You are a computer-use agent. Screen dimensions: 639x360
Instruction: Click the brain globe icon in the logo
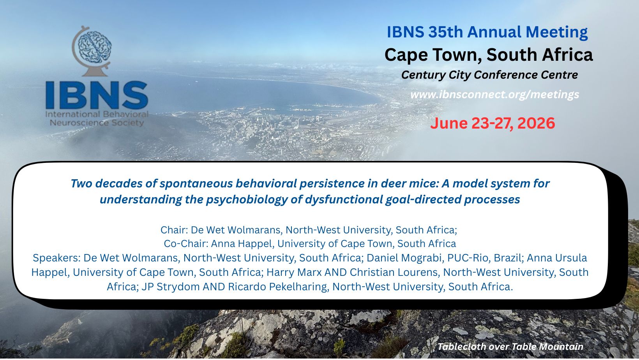[91, 51]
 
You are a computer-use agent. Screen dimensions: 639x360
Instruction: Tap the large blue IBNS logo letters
[97, 95]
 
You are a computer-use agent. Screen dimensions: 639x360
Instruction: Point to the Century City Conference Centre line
[489, 75]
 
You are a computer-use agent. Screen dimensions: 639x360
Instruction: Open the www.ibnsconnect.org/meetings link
[495, 94]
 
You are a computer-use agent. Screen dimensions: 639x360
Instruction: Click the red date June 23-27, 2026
[492, 123]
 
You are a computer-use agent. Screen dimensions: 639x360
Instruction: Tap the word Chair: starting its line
[174, 229]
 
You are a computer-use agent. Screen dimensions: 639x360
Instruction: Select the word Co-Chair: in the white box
[186, 244]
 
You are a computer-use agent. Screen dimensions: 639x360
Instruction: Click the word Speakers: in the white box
[56, 258]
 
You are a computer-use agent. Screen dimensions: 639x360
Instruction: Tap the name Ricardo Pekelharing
[277, 286]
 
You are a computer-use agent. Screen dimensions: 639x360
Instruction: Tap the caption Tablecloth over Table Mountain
[510, 347]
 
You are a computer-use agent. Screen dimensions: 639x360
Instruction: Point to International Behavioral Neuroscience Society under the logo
[97, 118]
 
